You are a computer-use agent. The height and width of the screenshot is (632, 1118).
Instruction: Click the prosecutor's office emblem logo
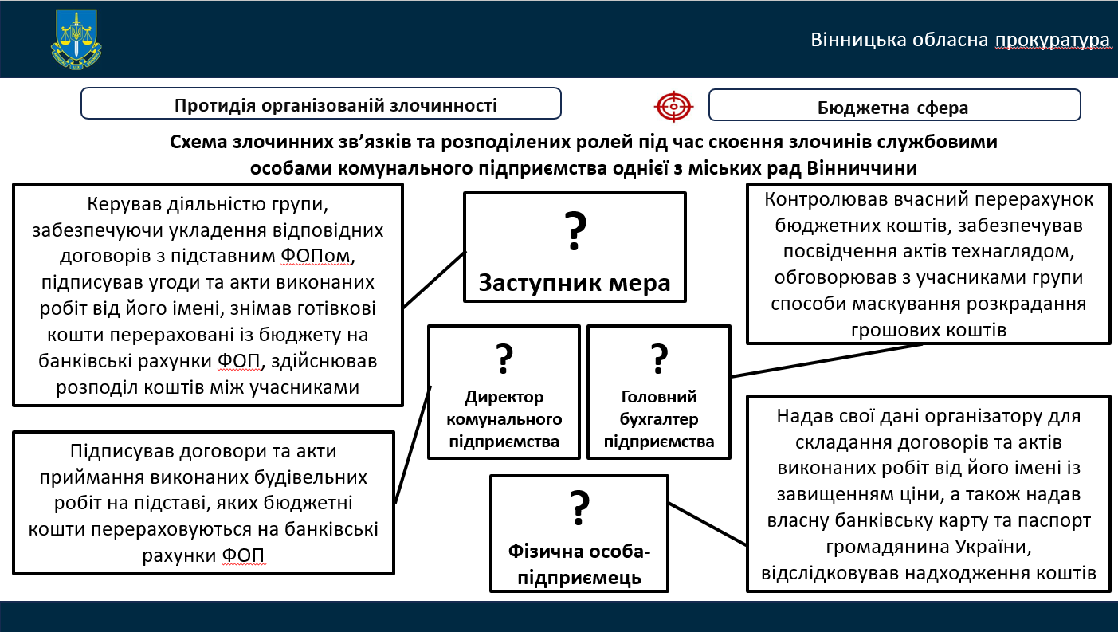[x=76, y=39]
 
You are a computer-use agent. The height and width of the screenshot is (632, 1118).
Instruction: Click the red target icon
[x=674, y=104]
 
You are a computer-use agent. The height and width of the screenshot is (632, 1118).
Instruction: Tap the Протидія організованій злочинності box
[x=321, y=104]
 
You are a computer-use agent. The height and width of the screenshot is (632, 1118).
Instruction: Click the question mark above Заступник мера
[x=575, y=231]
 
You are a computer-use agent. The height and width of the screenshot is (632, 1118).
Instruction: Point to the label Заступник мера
[x=575, y=282]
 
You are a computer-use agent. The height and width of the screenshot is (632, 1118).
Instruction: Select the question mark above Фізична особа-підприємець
[x=579, y=508]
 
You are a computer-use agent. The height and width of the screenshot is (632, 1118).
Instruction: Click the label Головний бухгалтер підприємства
[x=659, y=419]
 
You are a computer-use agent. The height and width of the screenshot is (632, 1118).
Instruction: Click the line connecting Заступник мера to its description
[x=434, y=280]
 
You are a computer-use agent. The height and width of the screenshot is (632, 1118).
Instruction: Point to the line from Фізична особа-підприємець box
[x=708, y=524]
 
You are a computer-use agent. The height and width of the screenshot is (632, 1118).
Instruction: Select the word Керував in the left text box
[x=125, y=204]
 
